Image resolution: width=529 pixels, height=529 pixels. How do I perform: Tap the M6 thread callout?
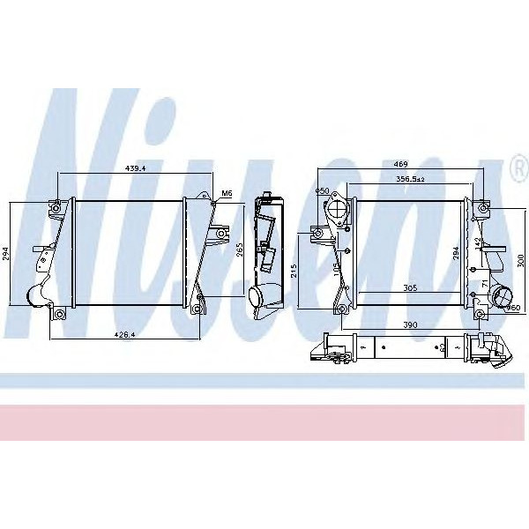coord(226,193)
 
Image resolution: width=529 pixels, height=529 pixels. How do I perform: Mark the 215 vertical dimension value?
coord(294,268)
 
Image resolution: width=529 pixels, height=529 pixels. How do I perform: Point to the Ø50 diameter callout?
coord(322,191)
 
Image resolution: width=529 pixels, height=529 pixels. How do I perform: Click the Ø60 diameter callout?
coord(514,307)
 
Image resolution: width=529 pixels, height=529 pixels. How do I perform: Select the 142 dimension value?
coord(479,241)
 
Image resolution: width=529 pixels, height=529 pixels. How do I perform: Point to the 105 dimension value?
coord(336,269)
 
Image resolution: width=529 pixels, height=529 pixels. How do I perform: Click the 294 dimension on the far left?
coord(6,254)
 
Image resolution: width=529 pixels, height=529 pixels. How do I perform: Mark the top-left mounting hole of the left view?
coord(56,208)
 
